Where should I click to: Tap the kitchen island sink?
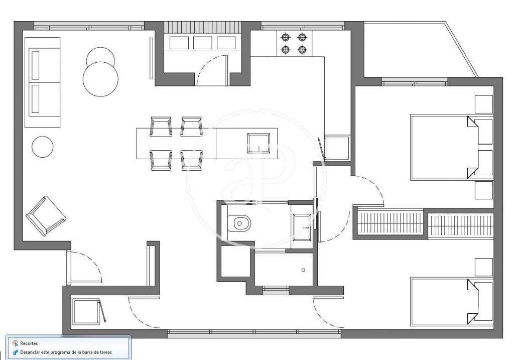[x=259, y=143]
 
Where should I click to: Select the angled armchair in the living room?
[x=46, y=216]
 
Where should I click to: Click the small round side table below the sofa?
[x=43, y=147]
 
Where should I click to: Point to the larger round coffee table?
[x=100, y=79]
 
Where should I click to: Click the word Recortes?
[x=29, y=343]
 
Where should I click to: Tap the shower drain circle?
[x=303, y=270]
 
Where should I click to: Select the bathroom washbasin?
[x=302, y=227]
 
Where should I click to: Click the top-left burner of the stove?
[x=286, y=37]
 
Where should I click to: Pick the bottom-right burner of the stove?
[x=302, y=50]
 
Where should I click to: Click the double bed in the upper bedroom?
[x=452, y=147]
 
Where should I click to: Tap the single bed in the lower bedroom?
[x=452, y=302]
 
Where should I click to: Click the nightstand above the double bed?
[x=484, y=104]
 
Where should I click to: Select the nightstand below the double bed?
[x=484, y=190]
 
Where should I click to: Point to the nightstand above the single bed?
[x=484, y=267]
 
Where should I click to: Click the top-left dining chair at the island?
[x=161, y=126]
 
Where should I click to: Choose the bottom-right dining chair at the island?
[x=192, y=160]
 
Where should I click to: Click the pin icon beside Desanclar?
[x=15, y=352]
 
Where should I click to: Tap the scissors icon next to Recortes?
[x=15, y=343]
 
